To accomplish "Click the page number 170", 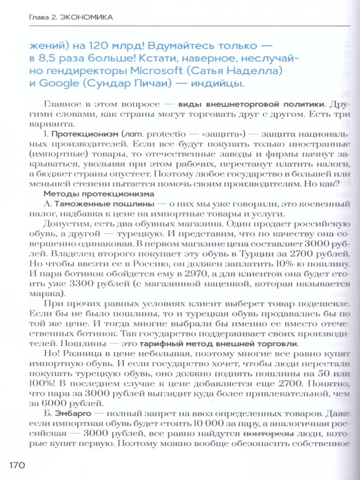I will [x=16, y=465].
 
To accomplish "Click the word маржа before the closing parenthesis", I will [x=53, y=294].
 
